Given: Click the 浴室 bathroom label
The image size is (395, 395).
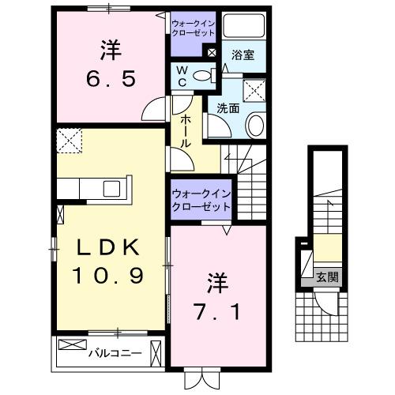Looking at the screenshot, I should pyautogui.click(x=243, y=55).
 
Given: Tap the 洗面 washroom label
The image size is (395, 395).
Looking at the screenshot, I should pyautogui.click(x=228, y=109).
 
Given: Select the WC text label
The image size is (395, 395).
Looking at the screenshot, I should pyautogui.click(x=181, y=77).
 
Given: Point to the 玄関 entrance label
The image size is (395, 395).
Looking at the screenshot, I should pyautogui.click(x=327, y=276).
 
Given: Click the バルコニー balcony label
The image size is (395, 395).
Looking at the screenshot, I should pyautogui.click(x=114, y=352).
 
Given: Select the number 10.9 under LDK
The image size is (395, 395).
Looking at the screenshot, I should pyautogui.click(x=110, y=276).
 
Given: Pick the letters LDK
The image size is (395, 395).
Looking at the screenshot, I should pyautogui.click(x=110, y=247).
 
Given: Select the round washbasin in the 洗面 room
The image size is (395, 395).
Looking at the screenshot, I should pyautogui.click(x=255, y=124).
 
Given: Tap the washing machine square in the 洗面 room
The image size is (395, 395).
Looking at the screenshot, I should pyautogui.click(x=254, y=91).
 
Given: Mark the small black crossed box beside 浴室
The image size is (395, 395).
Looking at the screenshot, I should pyautogui.click(x=212, y=53).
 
